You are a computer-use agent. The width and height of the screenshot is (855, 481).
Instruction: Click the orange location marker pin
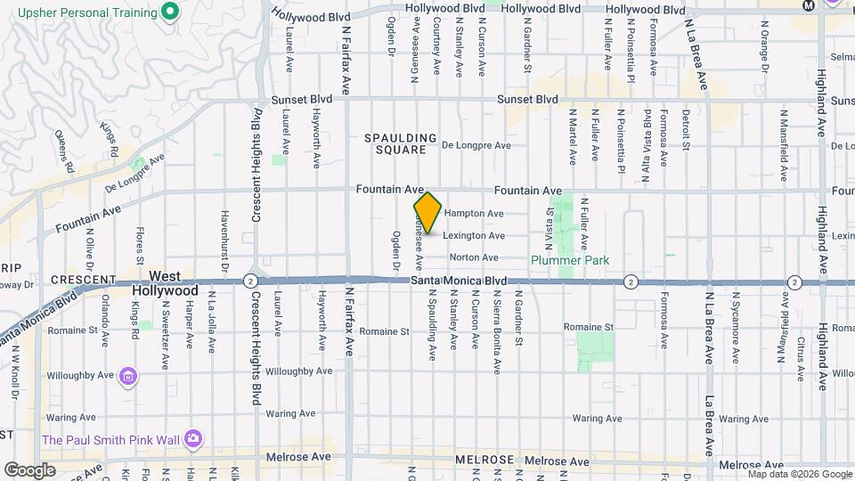coord(427,213)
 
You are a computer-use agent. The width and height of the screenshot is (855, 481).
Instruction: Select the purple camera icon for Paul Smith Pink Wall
coord(192,438)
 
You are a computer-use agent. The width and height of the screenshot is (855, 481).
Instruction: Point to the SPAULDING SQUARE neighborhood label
coord(400,144)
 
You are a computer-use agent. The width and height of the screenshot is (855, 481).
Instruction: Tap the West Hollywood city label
coord(166,284)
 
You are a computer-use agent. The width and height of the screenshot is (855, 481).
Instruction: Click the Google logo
coord(30,469)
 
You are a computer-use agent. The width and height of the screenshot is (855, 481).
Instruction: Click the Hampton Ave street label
coord(474,214)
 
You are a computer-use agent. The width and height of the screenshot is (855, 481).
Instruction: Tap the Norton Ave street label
coord(474,257)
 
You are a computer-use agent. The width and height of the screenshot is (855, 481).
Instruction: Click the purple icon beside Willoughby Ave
coord(128,377)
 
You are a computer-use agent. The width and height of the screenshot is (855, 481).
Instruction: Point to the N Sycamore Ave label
coord(736,327)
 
